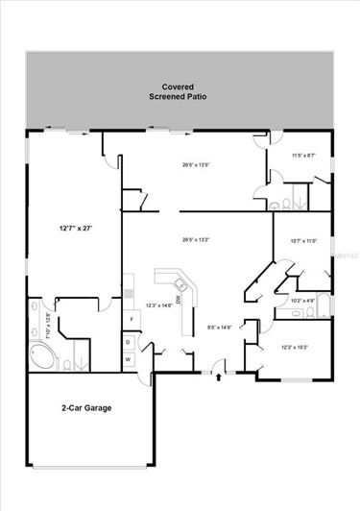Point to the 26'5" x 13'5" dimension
(196, 163)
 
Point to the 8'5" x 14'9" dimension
(220, 327)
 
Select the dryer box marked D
(129, 341)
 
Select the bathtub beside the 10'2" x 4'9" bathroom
(326, 305)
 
